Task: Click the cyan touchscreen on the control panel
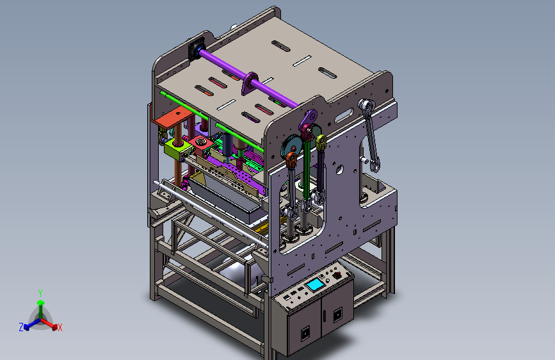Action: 315,284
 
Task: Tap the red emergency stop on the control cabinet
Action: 337,274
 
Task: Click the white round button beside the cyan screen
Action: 328,281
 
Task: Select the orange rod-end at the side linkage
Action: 291,160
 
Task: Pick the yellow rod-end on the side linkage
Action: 321,142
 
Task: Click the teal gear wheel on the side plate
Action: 291,147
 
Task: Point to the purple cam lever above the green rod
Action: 308,119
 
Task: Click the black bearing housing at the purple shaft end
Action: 197,49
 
